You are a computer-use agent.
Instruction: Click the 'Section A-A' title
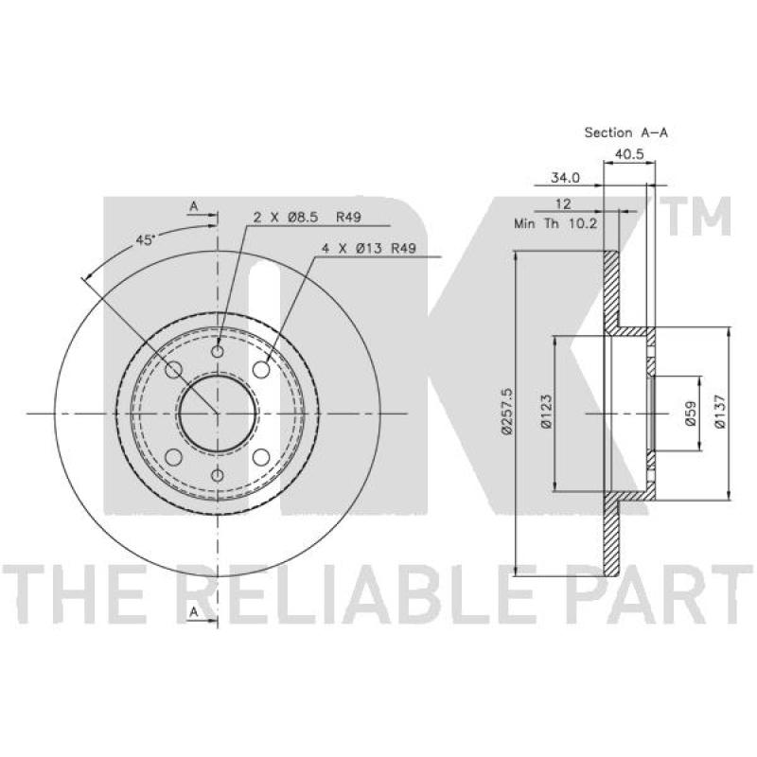tap(626, 132)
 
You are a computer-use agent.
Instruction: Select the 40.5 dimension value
tap(629, 154)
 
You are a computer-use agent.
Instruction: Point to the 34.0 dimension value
tap(565, 178)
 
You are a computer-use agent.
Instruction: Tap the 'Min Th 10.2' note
tap(556, 223)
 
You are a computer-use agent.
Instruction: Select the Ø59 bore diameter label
tap(691, 414)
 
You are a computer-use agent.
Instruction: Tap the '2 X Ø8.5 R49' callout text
tap(307, 218)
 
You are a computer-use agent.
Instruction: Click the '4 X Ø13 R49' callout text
tap(369, 249)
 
